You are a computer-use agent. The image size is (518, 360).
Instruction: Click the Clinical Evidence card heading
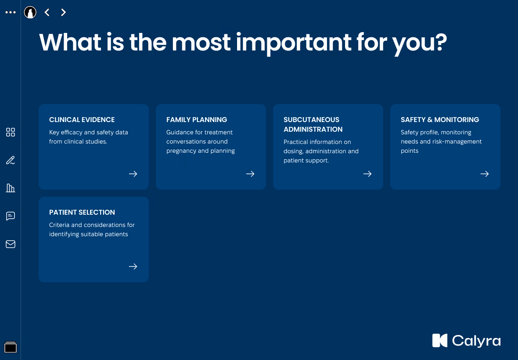pos(82,119)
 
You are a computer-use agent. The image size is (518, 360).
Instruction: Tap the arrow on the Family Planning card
pos(250,174)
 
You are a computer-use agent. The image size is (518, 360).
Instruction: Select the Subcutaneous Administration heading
pos(313,125)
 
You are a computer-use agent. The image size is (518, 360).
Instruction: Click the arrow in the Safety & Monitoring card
pos(485,174)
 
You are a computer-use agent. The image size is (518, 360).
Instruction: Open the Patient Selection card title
pos(82,212)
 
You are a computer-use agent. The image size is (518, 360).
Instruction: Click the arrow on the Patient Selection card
pos(133,266)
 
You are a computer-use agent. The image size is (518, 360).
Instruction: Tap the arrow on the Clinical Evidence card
pos(133,174)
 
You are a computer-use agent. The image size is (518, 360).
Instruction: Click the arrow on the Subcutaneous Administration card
pos(367,174)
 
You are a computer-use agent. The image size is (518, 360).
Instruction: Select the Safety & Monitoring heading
pos(440,119)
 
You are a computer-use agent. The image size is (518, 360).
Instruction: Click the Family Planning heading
pos(197,119)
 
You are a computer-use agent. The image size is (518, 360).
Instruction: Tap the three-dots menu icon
pos(11,12)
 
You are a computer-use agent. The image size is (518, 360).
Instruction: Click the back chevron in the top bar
pos(47,13)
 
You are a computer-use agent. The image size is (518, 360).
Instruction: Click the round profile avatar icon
pos(30,13)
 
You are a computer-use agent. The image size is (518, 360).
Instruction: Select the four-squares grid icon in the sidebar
pos(11,132)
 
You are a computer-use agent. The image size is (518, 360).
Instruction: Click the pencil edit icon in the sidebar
pos(11,160)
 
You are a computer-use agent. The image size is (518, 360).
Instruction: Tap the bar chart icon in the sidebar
pos(11,188)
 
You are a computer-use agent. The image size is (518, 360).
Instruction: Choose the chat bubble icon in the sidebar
pos(11,216)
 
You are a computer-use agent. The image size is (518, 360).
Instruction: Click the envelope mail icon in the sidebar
pos(11,244)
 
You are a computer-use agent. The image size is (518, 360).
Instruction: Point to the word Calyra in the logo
pos(476,341)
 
